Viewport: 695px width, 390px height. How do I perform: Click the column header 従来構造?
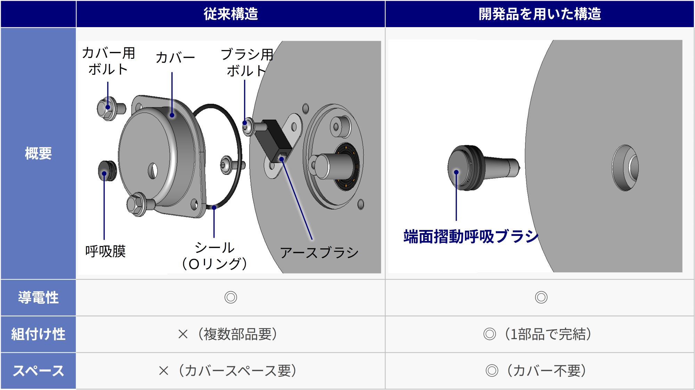click(231, 14)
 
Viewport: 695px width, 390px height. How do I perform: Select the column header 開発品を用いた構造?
click(540, 14)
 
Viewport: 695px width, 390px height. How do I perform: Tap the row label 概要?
click(38, 153)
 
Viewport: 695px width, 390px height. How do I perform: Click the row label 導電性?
click(38, 297)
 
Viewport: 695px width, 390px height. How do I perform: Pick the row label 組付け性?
click(38, 334)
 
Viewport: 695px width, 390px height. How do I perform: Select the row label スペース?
click(38, 371)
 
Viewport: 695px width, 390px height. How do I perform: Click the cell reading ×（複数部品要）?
click(228, 334)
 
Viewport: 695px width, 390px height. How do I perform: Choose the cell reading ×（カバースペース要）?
click(228, 371)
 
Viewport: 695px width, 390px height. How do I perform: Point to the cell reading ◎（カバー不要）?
click(536, 371)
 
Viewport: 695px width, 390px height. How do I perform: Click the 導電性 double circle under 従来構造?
click(231, 297)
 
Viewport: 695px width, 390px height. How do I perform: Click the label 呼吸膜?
click(105, 251)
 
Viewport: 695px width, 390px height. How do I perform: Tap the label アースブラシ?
click(319, 253)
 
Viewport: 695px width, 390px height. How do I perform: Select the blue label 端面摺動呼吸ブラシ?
click(471, 237)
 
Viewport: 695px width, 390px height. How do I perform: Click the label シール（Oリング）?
click(214, 256)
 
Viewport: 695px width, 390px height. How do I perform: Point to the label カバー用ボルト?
click(108, 61)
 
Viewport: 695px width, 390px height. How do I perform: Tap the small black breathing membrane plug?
click(107, 170)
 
